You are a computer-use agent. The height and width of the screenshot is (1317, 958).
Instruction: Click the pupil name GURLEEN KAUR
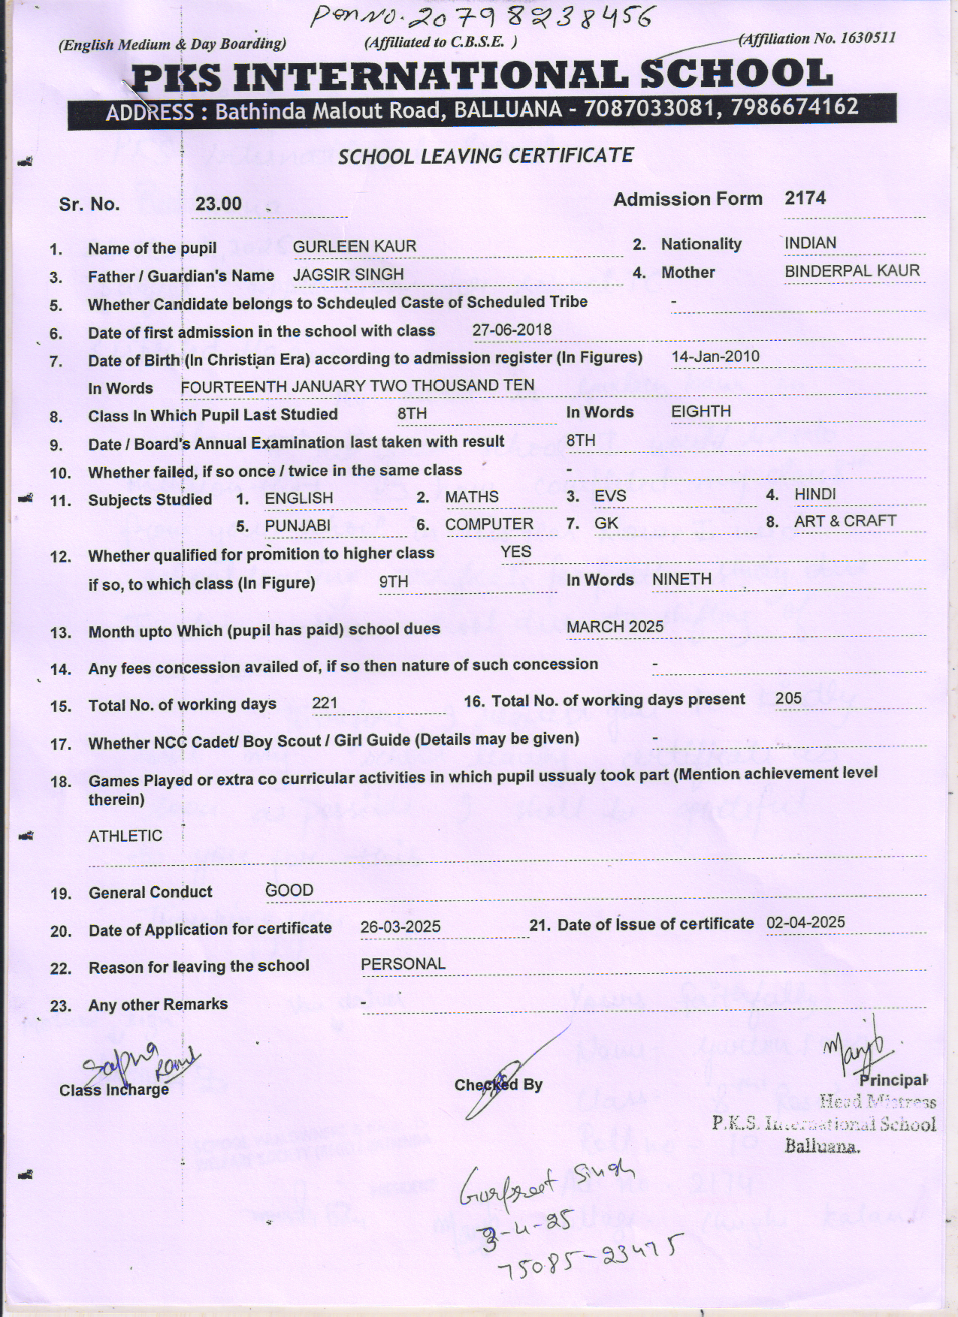(354, 247)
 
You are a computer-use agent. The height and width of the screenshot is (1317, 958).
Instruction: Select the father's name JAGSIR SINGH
(348, 275)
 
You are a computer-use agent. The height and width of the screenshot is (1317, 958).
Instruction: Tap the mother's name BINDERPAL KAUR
(852, 271)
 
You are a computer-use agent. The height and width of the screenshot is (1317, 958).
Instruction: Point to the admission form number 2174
(805, 198)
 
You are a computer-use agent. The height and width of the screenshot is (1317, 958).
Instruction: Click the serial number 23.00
(219, 204)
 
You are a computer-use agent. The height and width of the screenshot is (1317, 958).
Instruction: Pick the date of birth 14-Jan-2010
(715, 357)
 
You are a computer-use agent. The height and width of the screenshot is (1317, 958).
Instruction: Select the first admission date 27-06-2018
(512, 330)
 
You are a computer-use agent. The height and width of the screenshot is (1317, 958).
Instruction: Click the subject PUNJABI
(298, 526)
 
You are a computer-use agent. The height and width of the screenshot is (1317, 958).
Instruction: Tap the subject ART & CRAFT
(845, 521)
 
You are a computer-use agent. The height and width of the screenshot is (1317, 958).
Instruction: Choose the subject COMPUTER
(489, 524)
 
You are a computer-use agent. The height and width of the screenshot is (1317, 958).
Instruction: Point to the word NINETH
(681, 580)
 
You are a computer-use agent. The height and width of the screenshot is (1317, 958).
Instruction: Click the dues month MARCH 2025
(615, 627)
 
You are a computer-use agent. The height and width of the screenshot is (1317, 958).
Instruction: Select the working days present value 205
(788, 698)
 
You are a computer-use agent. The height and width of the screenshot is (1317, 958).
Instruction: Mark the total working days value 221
(325, 704)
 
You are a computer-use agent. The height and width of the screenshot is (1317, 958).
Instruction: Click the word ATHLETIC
(125, 836)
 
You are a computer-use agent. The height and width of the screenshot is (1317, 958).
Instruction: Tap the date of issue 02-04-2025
(805, 923)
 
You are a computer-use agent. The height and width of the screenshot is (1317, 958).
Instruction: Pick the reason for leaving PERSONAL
(403, 964)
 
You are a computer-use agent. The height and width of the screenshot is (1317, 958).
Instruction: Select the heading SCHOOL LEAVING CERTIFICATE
(485, 156)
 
